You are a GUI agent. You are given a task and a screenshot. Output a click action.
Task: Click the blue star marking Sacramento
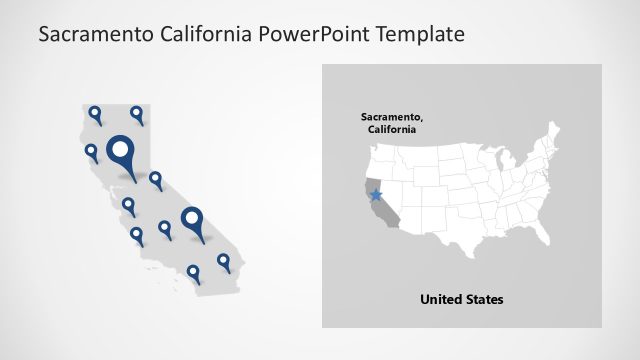click(376, 194)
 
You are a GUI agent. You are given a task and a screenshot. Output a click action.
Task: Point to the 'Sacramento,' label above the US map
click(389, 117)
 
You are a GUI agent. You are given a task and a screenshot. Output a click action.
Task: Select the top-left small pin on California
click(95, 115)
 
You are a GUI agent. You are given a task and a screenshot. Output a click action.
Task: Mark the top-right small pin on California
click(137, 115)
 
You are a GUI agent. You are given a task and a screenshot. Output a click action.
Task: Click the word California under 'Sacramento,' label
click(389, 130)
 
